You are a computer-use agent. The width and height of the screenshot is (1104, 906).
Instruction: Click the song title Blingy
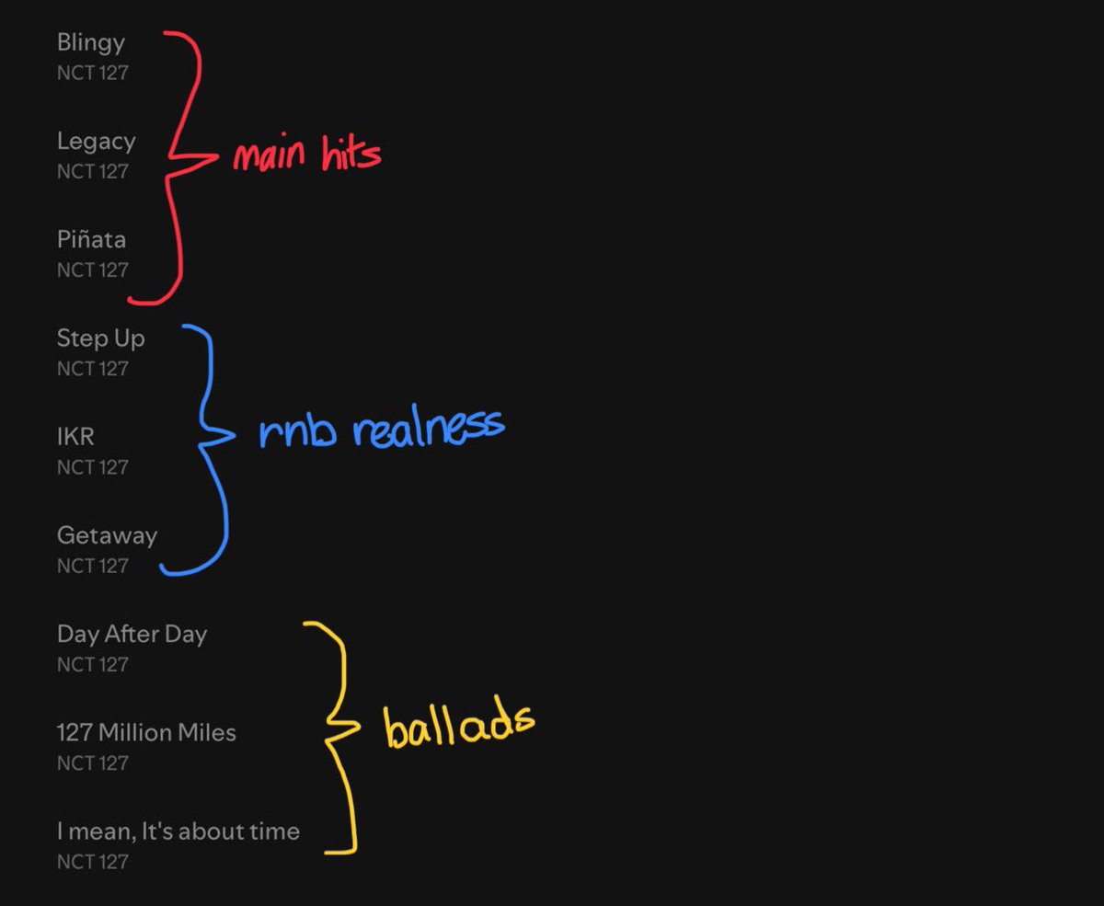click(x=91, y=43)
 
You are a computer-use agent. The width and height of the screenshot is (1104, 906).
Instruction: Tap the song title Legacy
click(x=97, y=142)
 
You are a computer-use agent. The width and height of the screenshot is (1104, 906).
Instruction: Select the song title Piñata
click(x=92, y=239)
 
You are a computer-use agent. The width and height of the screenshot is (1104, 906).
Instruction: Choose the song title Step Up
click(x=101, y=339)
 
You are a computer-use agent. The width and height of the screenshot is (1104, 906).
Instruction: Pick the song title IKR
click(x=76, y=437)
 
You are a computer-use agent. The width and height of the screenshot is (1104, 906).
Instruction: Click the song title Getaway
click(x=108, y=536)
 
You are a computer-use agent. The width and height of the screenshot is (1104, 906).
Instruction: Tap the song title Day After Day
click(x=132, y=635)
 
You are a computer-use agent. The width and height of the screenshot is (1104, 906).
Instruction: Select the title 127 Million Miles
click(x=146, y=733)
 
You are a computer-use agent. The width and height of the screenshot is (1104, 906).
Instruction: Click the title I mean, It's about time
click(x=178, y=831)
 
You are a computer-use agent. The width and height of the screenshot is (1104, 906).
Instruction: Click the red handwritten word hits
click(x=351, y=153)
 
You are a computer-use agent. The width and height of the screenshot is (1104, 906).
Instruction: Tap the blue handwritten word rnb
click(x=297, y=431)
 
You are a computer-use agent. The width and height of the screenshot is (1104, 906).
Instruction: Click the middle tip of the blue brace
click(x=235, y=434)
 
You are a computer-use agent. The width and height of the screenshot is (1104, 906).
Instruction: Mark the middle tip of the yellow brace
click(x=360, y=726)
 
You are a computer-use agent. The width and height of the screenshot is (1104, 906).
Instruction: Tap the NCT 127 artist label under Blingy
click(x=93, y=74)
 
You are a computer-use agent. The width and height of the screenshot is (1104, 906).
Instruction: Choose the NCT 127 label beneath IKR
click(x=93, y=468)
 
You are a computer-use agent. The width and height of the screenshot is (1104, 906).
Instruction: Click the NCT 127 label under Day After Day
click(x=93, y=665)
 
